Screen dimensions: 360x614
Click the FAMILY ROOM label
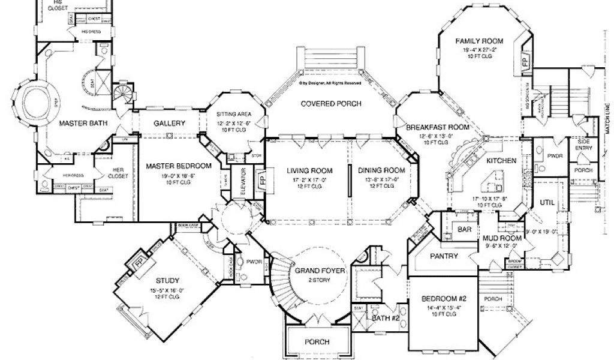tap(486, 41)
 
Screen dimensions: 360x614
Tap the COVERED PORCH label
tap(331, 104)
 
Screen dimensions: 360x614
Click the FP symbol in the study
tap(139, 263)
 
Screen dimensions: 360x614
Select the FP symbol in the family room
tap(525, 62)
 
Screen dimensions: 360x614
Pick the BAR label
tap(463, 229)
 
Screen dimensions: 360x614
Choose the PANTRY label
tap(444, 256)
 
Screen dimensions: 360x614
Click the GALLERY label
tap(169, 123)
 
